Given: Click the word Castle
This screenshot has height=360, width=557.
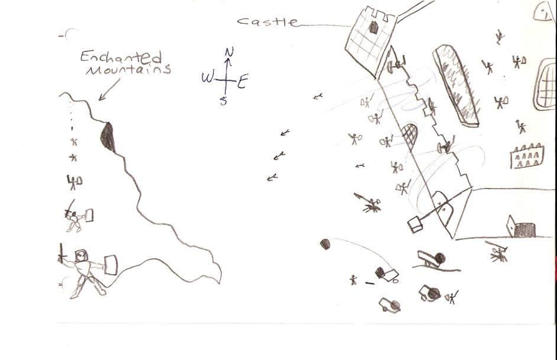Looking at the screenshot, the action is click(267, 21).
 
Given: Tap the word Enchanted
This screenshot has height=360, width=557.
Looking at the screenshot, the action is click(121, 57).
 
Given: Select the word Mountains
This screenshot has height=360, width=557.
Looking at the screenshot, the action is click(128, 69).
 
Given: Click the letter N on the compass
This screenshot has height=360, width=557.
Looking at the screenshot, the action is click(229, 52).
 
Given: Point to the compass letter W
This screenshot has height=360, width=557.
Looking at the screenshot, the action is click(208, 77).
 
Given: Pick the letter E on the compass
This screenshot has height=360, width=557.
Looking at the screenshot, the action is click(242, 82).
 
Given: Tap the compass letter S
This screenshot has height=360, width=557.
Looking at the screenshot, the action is click(223, 101).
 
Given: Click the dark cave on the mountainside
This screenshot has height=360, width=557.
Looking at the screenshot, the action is click(108, 137).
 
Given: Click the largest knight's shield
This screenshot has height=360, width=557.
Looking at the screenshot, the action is click(111, 264).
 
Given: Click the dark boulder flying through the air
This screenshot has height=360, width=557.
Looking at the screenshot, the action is click(325, 244).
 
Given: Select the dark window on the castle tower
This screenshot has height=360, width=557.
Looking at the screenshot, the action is click(373, 27).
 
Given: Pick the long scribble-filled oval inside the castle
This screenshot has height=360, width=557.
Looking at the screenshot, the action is click(456, 85).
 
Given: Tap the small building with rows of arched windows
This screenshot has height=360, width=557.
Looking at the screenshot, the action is click(527, 156).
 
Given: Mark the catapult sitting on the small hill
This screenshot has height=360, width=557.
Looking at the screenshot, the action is click(431, 259).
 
